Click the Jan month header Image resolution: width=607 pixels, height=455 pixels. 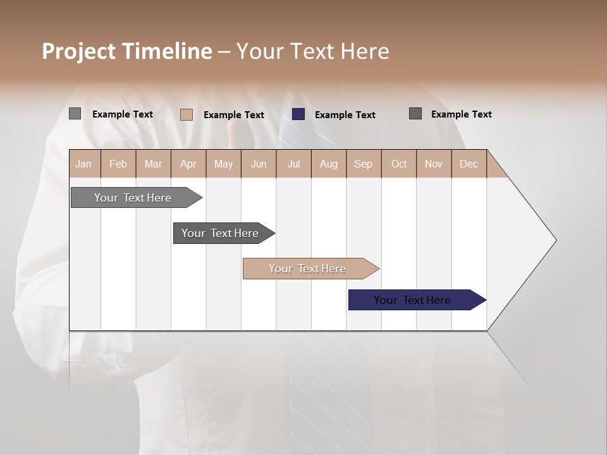point(83,164)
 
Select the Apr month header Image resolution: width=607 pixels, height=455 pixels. point(188,164)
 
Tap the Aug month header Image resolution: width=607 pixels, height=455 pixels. point(328,164)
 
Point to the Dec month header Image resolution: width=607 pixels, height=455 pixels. point(469,164)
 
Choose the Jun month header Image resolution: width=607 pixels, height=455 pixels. point(258,164)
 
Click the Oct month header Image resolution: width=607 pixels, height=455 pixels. point(398,164)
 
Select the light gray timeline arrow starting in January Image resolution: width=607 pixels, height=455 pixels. point(133,198)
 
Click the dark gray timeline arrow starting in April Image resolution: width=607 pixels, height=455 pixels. point(220,233)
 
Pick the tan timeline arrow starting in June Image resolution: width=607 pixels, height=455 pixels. point(307,269)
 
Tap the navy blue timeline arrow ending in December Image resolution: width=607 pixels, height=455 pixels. point(412,300)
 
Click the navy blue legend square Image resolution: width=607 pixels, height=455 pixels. point(298,114)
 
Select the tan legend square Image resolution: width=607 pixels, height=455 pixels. point(187,114)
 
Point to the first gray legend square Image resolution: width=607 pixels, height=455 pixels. point(75,114)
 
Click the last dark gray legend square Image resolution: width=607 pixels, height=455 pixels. point(415,114)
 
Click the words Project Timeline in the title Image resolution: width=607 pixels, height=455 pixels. point(126,51)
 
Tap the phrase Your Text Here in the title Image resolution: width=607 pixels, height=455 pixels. point(312,51)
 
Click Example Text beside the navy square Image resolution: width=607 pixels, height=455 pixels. point(345,115)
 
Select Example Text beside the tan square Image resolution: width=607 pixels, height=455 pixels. point(233,115)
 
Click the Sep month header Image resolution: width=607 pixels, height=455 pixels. point(363,164)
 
